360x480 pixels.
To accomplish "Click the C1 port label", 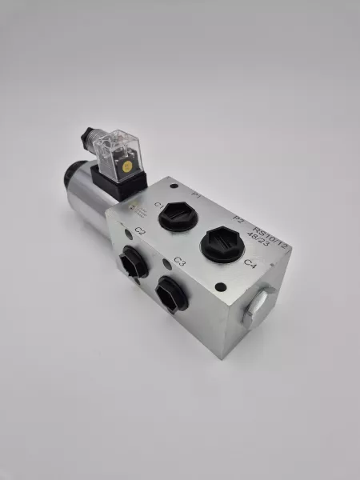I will pyautogui.click(x=159, y=207).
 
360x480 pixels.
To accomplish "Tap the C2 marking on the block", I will pyautogui.click(x=140, y=231).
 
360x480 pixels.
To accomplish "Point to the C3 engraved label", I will pyautogui.click(x=179, y=262).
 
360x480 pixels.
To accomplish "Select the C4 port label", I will pyautogui.click(x=249, y=263).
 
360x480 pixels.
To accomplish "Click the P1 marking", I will pyautogui.click(x=197, y=194).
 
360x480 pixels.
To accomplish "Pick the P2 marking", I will pyautogui.click(x=238, y=218).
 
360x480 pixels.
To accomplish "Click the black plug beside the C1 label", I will pyautogui.click(x=176, y=216).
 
